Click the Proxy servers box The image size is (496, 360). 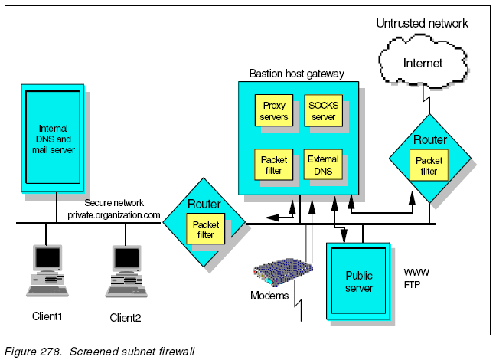[x=274, y=111]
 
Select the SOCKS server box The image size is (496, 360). [x=322, y=111]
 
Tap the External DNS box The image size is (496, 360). [x=322, y=165]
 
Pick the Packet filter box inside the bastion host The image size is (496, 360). [x=274, y=165]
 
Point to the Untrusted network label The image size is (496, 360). [x=422, y=24]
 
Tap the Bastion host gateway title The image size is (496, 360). [x=297, y=74]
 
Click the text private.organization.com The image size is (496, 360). [x=114, y=215]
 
